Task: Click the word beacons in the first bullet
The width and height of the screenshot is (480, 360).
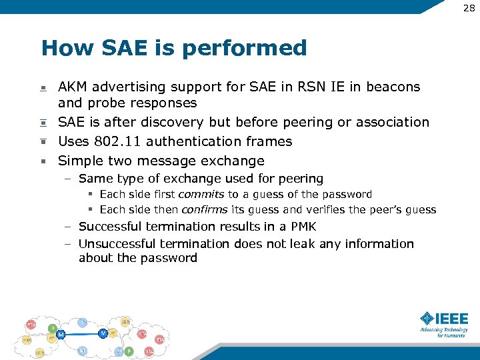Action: tap(394, 87)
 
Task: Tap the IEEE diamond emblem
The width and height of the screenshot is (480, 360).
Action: tap(426, 319)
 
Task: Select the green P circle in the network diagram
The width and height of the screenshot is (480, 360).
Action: tap(129, 351)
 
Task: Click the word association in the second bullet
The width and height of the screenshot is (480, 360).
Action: tap(393, 122)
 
